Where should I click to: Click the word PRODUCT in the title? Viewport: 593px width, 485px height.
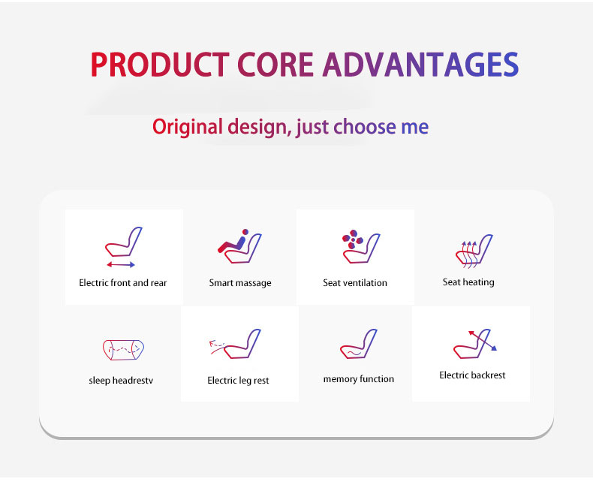(160, 65)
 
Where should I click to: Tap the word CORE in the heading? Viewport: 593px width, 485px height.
(275, 65)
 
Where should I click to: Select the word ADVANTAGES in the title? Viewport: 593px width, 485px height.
(420, 65)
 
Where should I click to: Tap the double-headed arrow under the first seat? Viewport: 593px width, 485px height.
(121, 264)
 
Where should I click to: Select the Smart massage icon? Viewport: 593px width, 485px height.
(239, 246)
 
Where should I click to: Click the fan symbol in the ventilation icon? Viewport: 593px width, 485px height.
(353, 239)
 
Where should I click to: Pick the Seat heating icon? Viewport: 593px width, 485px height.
(474, 251)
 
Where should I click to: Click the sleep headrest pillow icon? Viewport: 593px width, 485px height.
(123, 350)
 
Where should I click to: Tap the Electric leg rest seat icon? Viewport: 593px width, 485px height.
(235, 344)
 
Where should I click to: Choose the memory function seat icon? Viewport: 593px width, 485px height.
(359, 344)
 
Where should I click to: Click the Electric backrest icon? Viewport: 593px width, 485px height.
(475, 344)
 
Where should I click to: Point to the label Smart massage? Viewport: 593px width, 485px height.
(240, 283)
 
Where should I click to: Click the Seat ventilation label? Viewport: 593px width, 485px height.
(355, 283)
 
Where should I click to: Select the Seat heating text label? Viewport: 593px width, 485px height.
(468, 282)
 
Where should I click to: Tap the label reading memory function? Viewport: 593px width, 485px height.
(359, 379)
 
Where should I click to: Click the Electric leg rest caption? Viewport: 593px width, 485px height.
(238, 380)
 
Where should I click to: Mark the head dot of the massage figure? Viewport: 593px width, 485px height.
(245, 232)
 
